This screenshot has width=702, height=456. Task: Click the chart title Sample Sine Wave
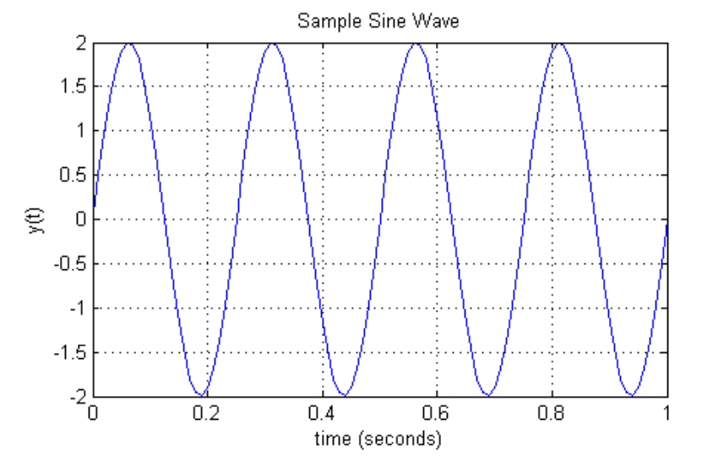378,21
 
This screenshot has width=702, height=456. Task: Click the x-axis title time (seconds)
378,438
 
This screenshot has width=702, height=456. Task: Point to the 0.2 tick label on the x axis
208,414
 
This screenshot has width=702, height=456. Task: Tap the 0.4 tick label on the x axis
323,414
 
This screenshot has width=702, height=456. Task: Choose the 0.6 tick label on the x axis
438,414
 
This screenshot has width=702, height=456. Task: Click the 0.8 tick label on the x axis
552,414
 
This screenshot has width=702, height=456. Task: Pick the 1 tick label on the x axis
667,414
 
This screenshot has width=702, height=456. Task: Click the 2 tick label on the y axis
80,43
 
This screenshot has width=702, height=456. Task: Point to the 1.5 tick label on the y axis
73,87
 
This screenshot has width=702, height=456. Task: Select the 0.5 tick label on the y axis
73,176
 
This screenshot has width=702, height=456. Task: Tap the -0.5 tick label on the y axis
71,264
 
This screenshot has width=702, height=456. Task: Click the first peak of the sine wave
129,43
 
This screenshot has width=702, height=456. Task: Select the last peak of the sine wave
559,43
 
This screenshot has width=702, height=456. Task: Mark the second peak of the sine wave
273,43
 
